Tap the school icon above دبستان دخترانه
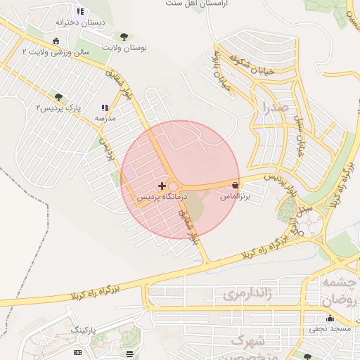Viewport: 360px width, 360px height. click(80, 11)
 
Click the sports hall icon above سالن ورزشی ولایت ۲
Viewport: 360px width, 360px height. click(56, 40)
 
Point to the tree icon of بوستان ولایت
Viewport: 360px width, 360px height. click(124, 36)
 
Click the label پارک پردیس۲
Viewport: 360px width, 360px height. click(59, 108)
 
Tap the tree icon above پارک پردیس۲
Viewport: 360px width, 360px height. click(58, 97)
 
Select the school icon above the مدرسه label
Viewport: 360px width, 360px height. click(105, 108)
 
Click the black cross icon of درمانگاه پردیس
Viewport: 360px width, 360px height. click(162, 186)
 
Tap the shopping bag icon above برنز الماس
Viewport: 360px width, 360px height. click(233, 185)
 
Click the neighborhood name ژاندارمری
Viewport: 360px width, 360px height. click(246, 295)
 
